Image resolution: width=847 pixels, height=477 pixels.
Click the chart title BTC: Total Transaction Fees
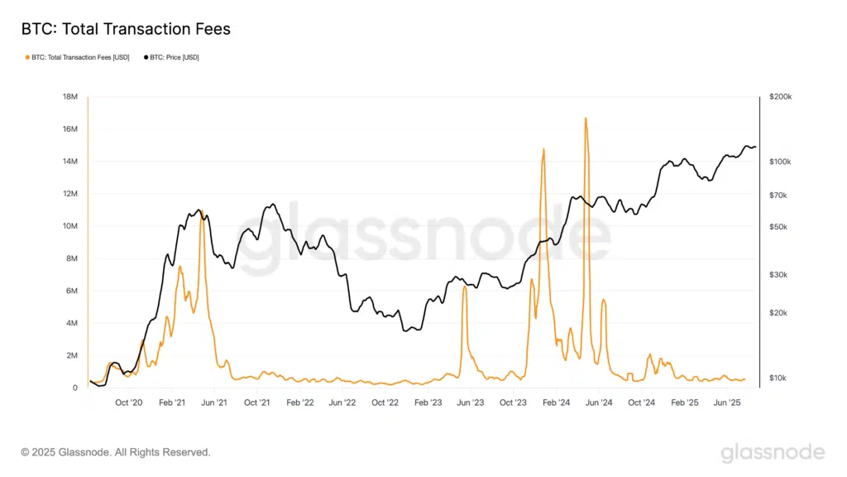click(125, 29)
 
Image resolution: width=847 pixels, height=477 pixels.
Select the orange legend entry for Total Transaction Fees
click(79, 57)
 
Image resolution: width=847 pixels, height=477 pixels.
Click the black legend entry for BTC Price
click(174, 57)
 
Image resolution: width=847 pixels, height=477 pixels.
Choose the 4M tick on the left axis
click(71, 323)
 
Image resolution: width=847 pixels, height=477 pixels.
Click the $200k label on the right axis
click(780, 97)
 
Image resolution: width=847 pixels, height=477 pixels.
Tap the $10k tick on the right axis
click(778, 378)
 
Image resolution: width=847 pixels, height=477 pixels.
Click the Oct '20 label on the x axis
click(129, 402)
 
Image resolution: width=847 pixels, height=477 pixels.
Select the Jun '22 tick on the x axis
click(342, 402)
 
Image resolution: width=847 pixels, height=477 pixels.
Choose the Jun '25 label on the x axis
click(727, 402)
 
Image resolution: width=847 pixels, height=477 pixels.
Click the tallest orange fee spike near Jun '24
click(586, 118)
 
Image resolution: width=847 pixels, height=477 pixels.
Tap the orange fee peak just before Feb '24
click(543, 150)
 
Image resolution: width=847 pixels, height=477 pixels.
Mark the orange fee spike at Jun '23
click(465, 287)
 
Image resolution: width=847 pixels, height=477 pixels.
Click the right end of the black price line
click(755, 147)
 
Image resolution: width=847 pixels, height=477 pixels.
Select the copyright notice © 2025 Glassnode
click(116, 452)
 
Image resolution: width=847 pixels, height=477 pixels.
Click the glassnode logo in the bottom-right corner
click(773, 452)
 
